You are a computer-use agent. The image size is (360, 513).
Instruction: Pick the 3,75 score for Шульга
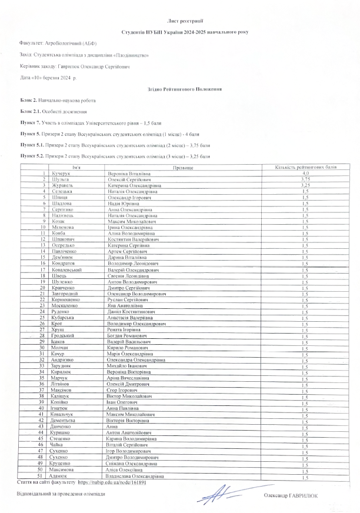click(x=305, y=179)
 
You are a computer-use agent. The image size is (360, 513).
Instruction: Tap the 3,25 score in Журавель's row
click(x=305, y=185)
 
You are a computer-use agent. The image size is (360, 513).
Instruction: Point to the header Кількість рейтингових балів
click(x=305, y=168)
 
